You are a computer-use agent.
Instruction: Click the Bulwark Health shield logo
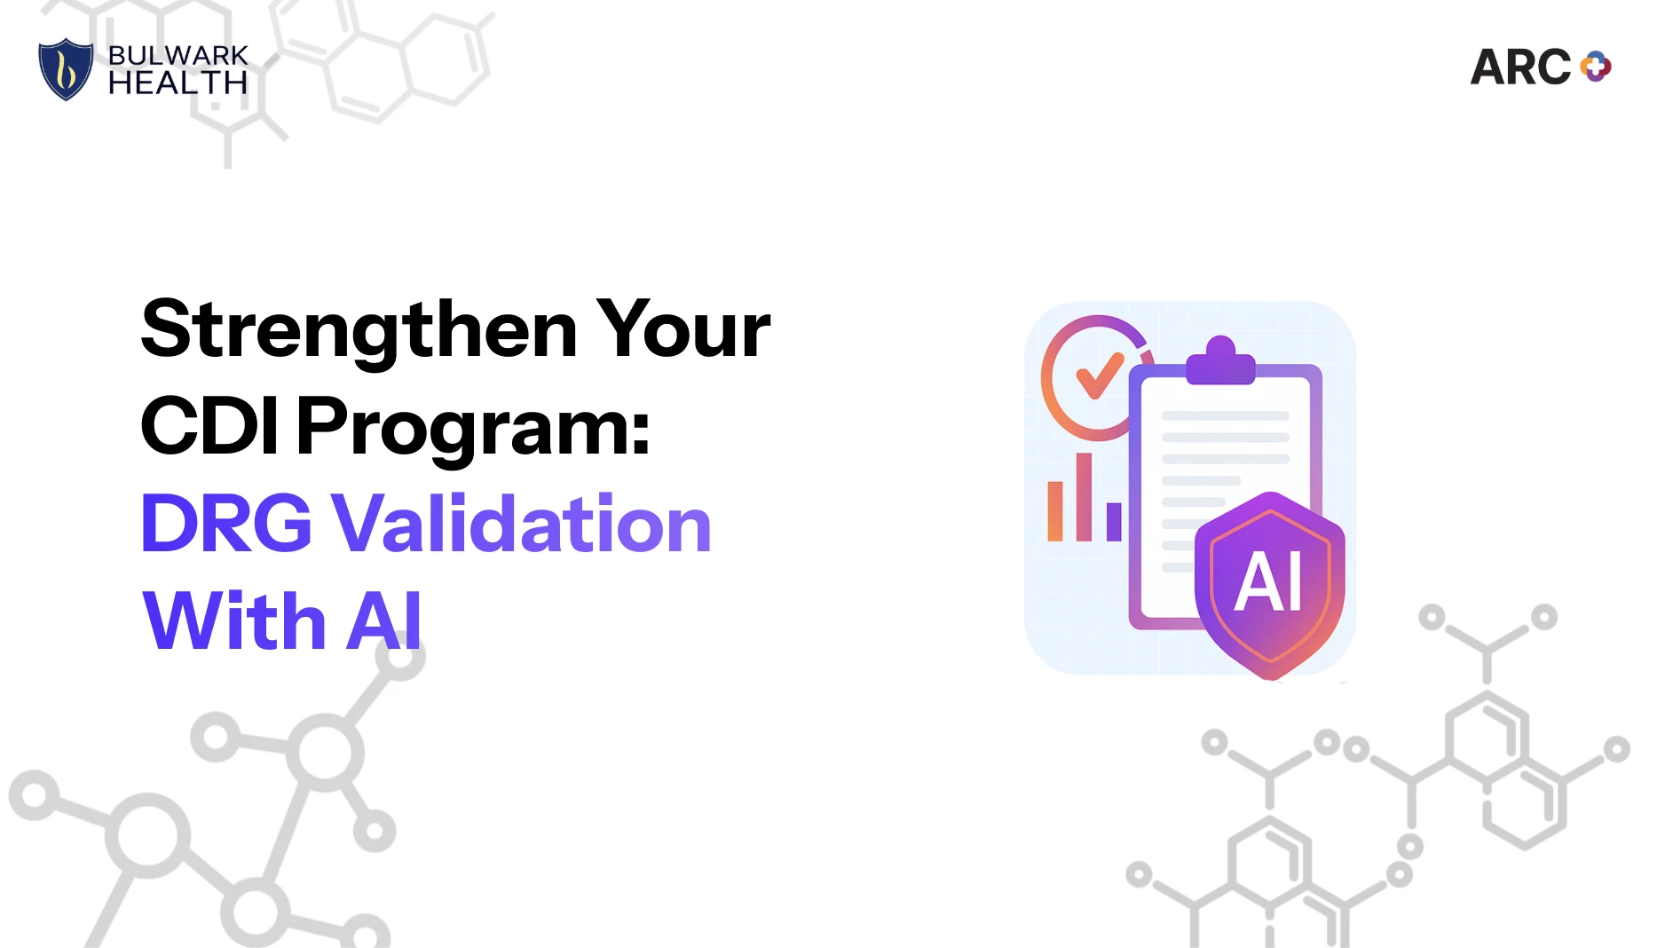(66, 69)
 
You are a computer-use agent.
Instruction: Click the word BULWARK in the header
(178, 55)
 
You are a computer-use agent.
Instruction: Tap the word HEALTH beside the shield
(178, 83)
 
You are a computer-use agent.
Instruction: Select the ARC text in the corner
(1520, 67)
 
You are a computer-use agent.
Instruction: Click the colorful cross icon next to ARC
(1596, 67)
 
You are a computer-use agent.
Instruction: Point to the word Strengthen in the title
(359, 330)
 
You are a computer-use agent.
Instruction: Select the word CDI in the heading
(210, 426)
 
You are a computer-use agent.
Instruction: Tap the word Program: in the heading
(474, 430)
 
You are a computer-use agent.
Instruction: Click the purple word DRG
(226, 524)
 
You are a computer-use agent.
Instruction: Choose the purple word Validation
(522, 524)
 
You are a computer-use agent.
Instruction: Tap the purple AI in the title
(384, 620)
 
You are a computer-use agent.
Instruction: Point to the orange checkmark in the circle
(1100, 375)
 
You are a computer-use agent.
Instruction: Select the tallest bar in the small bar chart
(1084, 496)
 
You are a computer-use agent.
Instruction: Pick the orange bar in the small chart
(1055, 511)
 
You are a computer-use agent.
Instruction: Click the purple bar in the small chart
(1114, 522)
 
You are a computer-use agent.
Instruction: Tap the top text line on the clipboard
(1225, 415)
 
